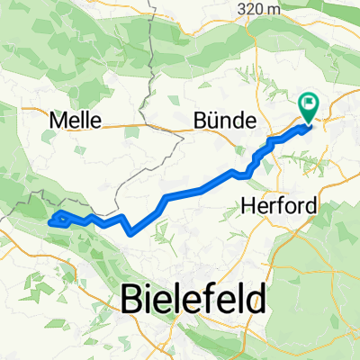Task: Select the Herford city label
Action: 280,206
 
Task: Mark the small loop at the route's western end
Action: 58,219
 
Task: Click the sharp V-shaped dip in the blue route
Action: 130,230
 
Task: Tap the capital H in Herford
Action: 249,206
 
